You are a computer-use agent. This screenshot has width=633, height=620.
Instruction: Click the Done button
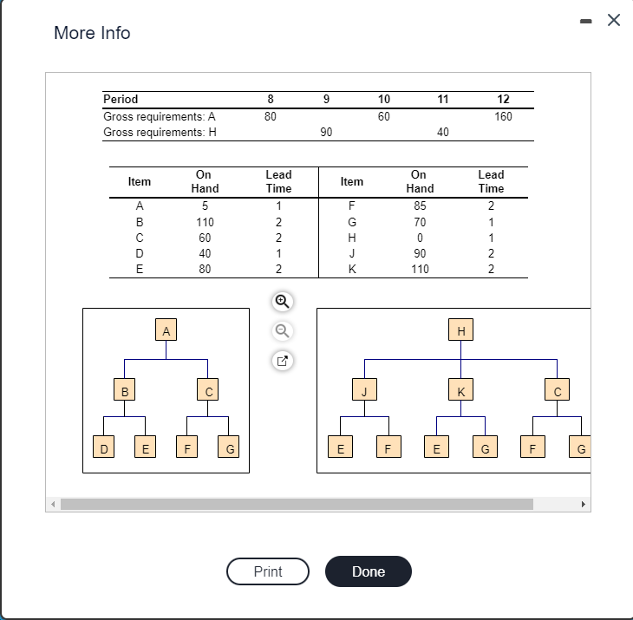pyautogui.click(x=368, y=571)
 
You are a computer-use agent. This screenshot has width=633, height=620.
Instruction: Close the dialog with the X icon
pyautogui.click(x=614, y=21)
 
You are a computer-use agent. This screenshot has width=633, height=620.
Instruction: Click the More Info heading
pyautogui.click(x=92, y=33)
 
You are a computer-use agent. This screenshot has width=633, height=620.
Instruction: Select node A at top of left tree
pyautogui.click(x=166, y=330)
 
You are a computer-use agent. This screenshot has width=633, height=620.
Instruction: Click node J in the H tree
pyautogui.click(x=364, y=391)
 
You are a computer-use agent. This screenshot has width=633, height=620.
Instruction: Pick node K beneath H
pyautogui.click(x=460, y=391)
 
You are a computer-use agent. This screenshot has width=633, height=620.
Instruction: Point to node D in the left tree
pyautogui.click(x=104, y=448)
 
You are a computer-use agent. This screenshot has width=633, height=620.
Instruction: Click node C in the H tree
pyautogui.click(x=558, y=391)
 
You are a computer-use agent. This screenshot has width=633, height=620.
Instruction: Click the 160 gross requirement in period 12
pyautogui.click(x=503, y=116)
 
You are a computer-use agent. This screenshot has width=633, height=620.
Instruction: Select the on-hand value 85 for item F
pyautogui.click(x=420, y=206)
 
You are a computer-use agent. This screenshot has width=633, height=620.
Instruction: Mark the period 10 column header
pyautogui.click(x=384, y=99)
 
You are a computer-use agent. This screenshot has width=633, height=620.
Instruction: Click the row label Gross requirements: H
pyautogui.click(x=160, y=132)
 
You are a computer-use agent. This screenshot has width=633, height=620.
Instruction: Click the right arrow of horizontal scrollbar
pyautogui.click(x=583, y=504)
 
